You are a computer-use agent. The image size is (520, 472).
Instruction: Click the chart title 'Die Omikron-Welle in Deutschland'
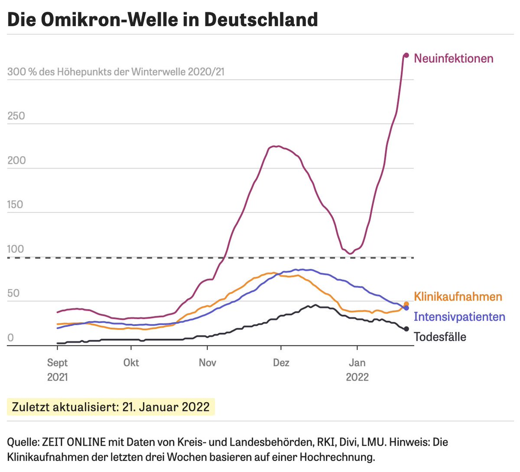tap(162, 20)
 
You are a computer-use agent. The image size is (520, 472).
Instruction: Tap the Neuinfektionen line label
tap(453, 59)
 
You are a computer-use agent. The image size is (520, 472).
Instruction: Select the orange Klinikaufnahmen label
tap(458, 296)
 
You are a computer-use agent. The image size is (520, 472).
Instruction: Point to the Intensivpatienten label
tap(459, 317)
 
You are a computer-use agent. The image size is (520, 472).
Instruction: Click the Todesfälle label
tap(440, 337)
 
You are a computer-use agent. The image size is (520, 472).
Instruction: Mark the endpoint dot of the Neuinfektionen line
tap(406, 55)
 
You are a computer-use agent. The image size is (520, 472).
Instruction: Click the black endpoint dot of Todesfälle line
tap(406, 329)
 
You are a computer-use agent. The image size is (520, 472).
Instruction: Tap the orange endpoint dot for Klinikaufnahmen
tap(406, 304)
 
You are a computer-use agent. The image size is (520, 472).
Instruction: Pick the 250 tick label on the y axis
tap(16, 116)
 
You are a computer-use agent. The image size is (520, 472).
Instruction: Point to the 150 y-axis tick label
tap(15, 205)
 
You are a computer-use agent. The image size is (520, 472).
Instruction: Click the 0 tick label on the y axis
tap(10, 338)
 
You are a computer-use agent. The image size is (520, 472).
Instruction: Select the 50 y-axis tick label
tap(13, 293)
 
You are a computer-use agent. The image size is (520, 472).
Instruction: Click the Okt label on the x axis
tap(131, 362)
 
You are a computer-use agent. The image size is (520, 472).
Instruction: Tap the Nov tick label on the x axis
tap(207, 362)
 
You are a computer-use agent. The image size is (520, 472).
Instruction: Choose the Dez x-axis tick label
tap(281, 362)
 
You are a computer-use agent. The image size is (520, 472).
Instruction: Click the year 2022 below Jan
tap(357, 377)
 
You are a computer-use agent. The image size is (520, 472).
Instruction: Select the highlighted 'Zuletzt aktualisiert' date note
tap(111, 407)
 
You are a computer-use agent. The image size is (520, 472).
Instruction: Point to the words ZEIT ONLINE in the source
tap(74, 442)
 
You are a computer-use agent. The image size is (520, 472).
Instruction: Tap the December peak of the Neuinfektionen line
tap(276, 146)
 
